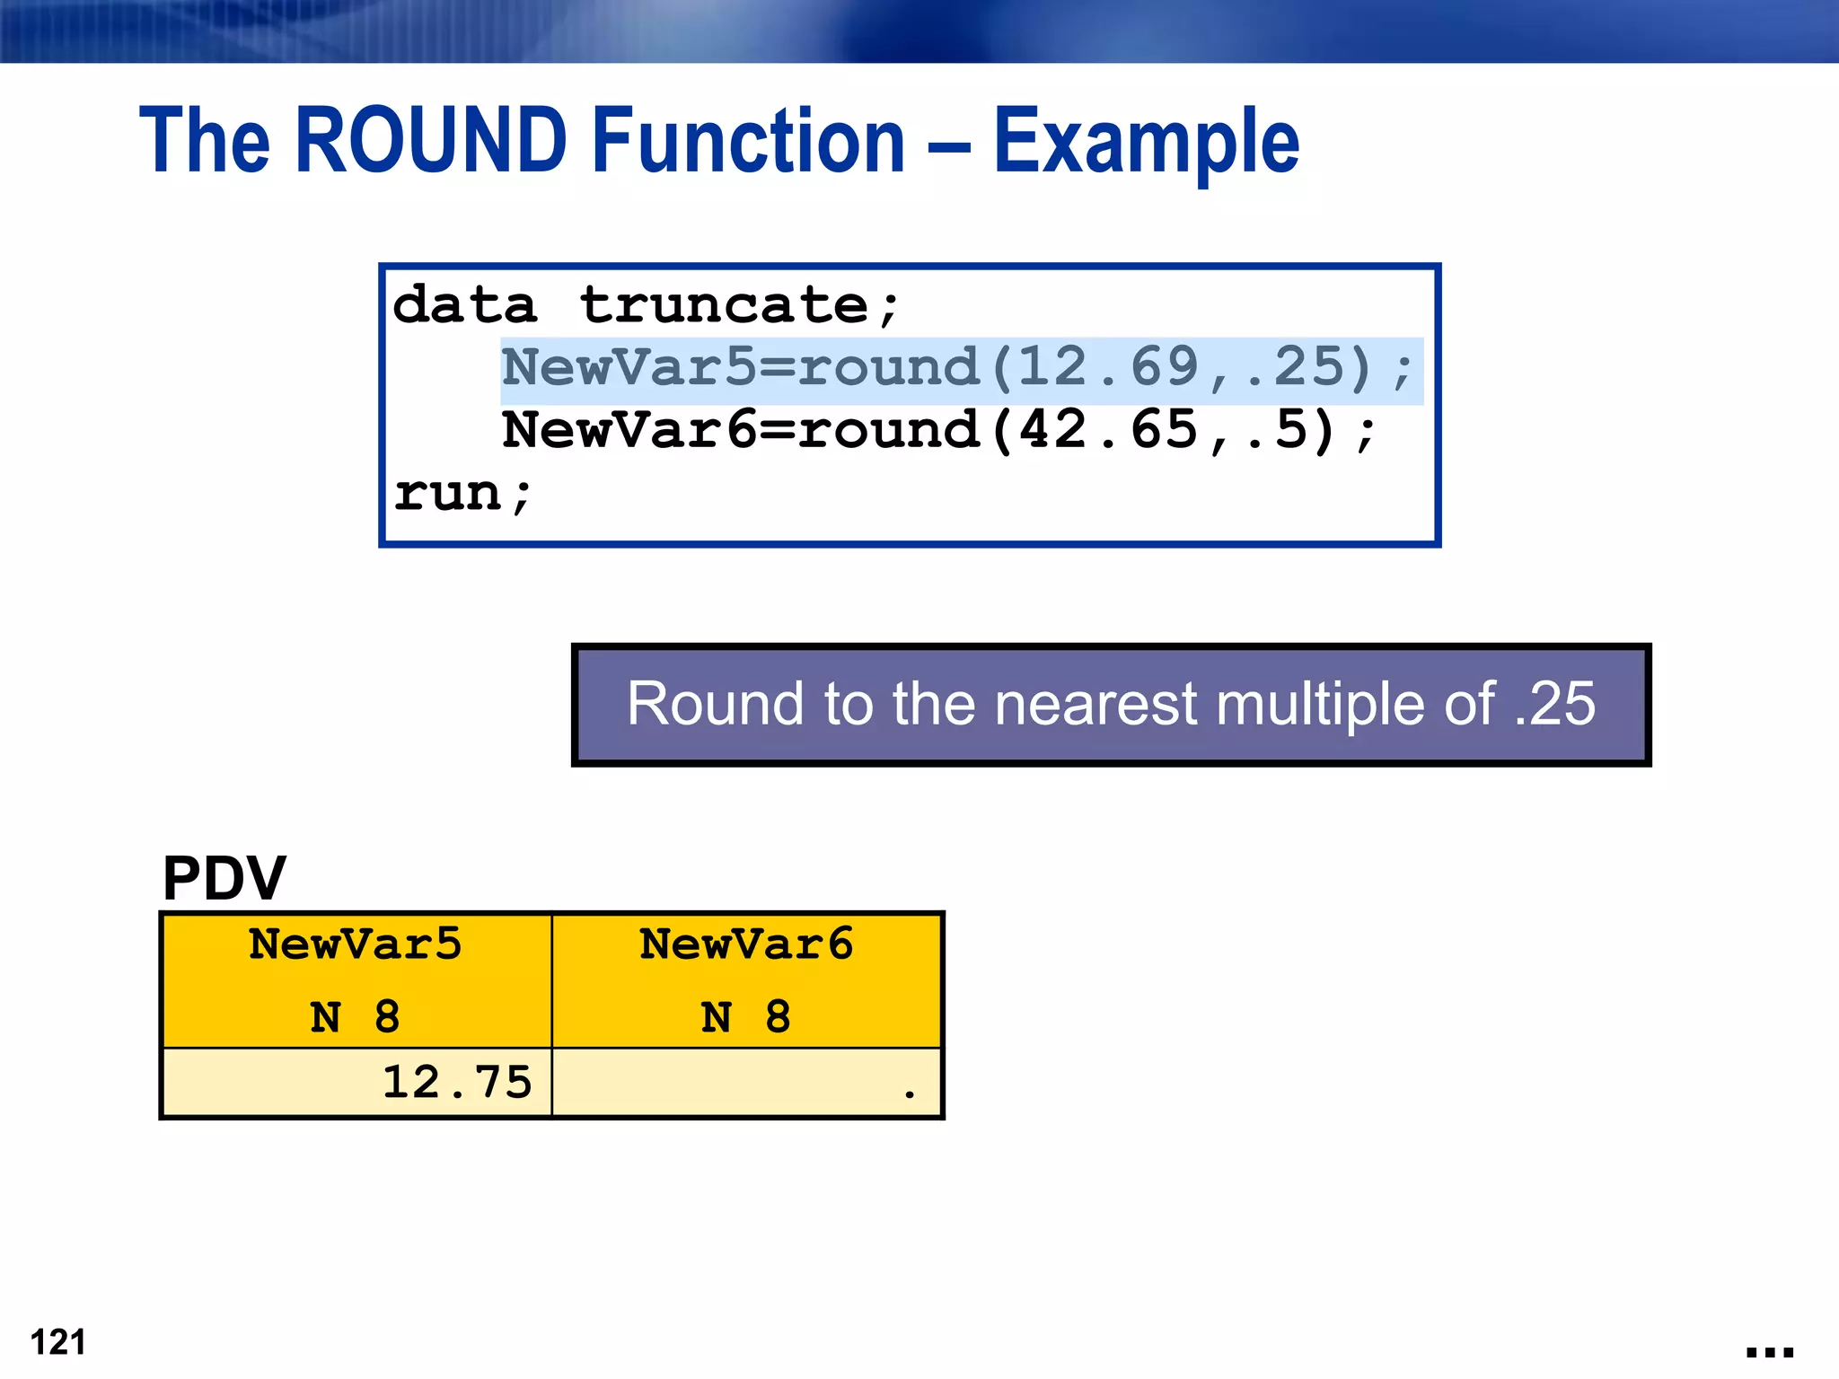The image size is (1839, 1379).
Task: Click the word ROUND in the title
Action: tap(431, 141)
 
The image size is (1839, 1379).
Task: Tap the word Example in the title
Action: tap(1146, 143)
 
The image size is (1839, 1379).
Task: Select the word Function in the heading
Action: tap(749, 141)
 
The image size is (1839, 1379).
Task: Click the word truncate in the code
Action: tap(724, 305)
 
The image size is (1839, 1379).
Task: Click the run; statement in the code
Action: tap(462, 494)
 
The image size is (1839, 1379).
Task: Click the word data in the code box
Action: tap(464, 305)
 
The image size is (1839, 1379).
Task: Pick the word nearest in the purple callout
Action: tap(1095, 704)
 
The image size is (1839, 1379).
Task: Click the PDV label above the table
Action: tap(224, 878)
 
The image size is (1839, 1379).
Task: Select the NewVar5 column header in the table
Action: tap(356, 944)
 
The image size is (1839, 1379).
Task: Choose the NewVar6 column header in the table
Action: tap(746, 944)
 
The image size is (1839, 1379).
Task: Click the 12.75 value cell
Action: tap(456, 1083)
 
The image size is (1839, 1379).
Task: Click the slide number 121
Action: tap(58, 1342)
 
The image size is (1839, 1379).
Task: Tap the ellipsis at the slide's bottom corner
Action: tap(1769, 1352)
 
